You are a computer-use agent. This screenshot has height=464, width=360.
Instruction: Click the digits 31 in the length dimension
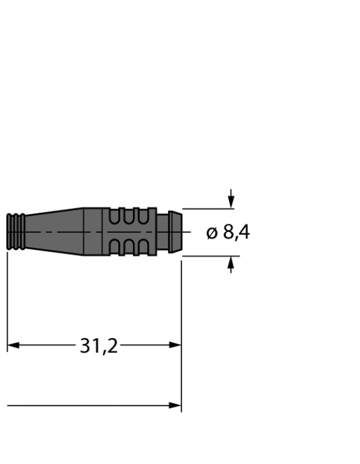(88, 346)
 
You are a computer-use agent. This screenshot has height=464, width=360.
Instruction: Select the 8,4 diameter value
(236, 233)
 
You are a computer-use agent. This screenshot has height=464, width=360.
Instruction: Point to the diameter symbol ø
(212, 233)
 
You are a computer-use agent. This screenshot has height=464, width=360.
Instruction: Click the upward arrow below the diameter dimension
(231, 265)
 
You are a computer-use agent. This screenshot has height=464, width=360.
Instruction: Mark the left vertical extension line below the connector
(7, 299)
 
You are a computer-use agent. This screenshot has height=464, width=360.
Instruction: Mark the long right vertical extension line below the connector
(181, 331)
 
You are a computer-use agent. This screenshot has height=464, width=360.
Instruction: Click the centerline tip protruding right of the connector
(186, 233)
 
